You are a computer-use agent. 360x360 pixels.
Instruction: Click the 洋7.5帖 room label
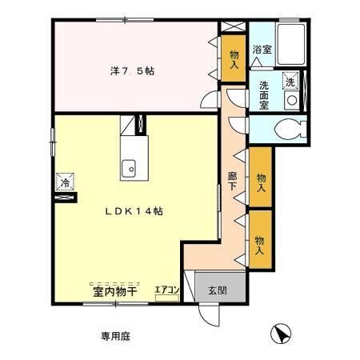pos(132,70)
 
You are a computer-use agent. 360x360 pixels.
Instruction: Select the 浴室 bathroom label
pos(261,50)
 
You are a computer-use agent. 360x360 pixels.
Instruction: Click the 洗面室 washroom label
pos(263,93)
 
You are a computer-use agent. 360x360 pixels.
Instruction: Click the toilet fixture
pos(286,129)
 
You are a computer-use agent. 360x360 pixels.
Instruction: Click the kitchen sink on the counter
pos(129,168)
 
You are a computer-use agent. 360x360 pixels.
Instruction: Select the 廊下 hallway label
pos(233,181)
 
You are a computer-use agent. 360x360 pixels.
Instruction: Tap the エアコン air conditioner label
pos(166,290)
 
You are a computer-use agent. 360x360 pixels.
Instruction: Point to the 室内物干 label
pos(110,291)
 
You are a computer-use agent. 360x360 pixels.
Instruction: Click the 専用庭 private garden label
pos(114,336)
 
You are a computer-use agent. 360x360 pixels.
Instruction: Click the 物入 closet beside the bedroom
pos(234,60)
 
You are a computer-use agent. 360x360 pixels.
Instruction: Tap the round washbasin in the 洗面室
pos(292,100)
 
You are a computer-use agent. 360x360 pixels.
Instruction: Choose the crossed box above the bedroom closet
pos(233,29)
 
